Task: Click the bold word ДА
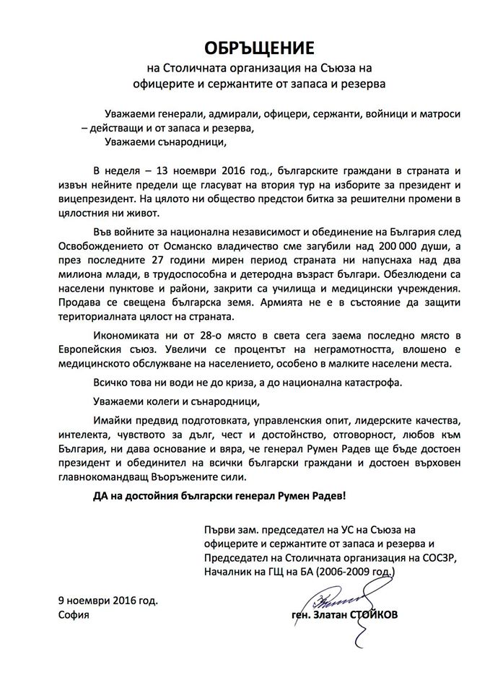pyautogui.click(x=103, y=498)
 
